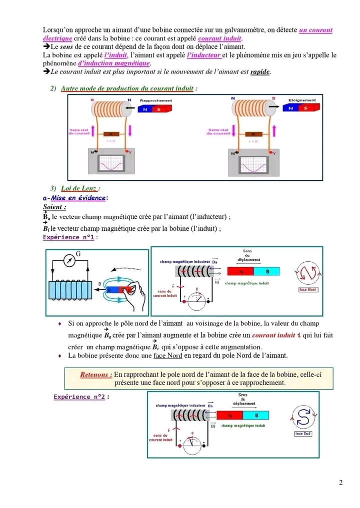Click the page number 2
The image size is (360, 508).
340,483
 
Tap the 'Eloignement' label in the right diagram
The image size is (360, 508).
302,100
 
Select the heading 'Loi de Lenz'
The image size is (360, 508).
79,188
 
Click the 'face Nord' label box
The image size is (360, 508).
307,289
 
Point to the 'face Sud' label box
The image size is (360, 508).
303,433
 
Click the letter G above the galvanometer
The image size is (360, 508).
78,254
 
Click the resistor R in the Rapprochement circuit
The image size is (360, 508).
111,134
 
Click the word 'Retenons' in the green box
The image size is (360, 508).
96,375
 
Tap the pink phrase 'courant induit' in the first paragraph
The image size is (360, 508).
220,38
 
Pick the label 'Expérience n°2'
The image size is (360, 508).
79,397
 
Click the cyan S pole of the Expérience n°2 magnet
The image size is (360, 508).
256,416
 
